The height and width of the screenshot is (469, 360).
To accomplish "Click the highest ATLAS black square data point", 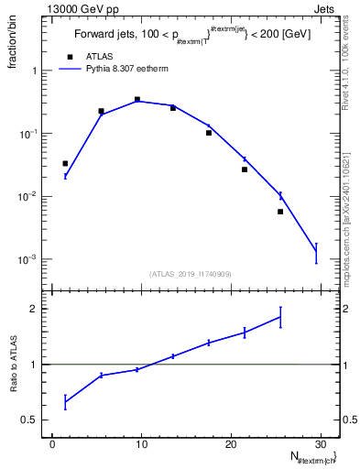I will click(x=137, y=99).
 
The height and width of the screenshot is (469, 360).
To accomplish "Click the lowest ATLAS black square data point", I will click(x=280, y=212).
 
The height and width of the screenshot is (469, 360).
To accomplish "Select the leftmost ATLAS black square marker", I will click(x=65, y=163).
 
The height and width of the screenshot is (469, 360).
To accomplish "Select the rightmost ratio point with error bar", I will click(x=280, y=317).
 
